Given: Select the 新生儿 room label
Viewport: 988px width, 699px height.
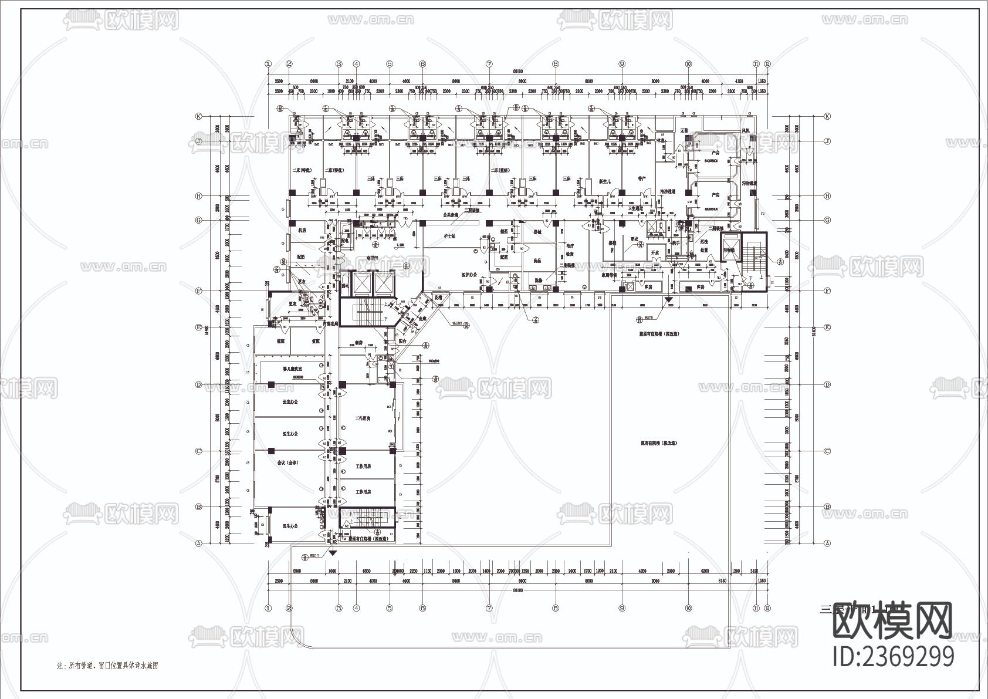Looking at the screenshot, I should tap(605, 181).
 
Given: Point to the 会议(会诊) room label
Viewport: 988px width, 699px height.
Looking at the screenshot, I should tap(287, 463).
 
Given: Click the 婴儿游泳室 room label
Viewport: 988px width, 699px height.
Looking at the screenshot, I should tap(292, 369).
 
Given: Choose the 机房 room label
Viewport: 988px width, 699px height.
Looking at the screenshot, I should tap(302, 231).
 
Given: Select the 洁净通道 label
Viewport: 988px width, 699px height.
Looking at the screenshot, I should tap(668, 191).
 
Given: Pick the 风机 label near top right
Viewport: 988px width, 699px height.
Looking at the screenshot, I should tap(746, 130).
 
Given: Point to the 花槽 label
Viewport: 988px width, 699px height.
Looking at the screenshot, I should tap(438, 298).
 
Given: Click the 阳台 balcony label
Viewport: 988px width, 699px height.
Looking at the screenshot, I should tap(403, 340).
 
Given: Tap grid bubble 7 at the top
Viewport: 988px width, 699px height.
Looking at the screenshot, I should tap(489, 64).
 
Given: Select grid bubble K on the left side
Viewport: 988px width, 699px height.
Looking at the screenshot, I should tap(199, 116).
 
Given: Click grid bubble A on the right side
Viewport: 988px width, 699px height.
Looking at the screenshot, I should tap(827, 543).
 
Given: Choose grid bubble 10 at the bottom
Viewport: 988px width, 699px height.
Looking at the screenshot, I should tap(688, 609).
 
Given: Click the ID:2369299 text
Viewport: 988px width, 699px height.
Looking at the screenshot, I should tap(894, 656).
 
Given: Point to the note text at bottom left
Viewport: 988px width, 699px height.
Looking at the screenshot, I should tap(107, 666).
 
